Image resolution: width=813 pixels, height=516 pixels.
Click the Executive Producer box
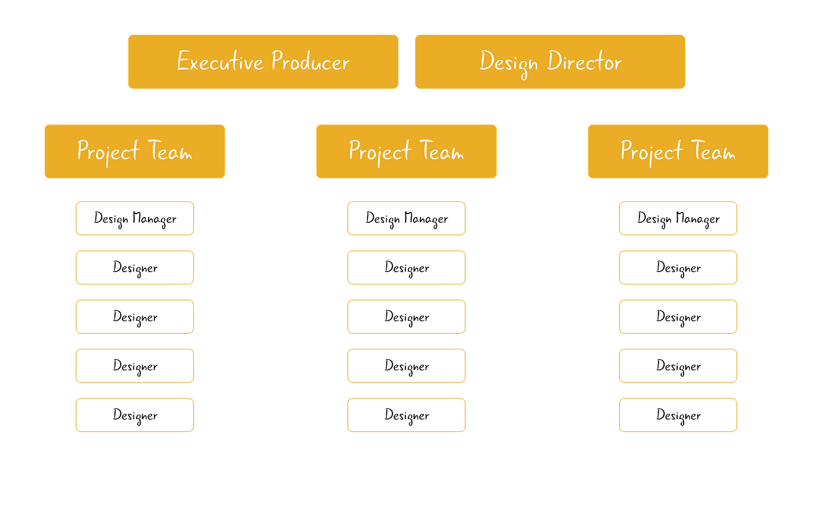pyautogui.click(x=262, y=62)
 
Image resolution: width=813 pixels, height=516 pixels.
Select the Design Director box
pyautogui.click(x=550, y=62)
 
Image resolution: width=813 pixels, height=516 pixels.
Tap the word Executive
pyautogui.click(x=220, y=62)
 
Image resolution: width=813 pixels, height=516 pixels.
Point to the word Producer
pyautogui.click(x=311, y=62)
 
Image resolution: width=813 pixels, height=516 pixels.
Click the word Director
pyautogui.click(x=585, y=62)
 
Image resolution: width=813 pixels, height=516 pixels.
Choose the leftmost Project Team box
pyautogui.click(x=134, y=151)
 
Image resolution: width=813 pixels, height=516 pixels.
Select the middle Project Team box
pyautogui.click(x=406, y=151)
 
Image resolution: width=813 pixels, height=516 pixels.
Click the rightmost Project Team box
pyautogui.click(x=678, y=151)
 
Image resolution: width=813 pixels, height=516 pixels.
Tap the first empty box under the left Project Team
pyautogui.click(x=134, y=218)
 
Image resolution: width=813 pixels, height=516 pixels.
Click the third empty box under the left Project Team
pyautogui.click(x=134, y=316)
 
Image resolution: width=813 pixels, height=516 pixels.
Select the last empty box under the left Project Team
pyautogui.click(x=134, y=416)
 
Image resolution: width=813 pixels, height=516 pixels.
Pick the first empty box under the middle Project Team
pyautogui.click(x=406, y=218)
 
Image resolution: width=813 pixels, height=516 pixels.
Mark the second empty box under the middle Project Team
pyautogui.click(x=406, y=267)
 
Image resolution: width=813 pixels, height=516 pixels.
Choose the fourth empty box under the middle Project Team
pyautogui.click(x=406, y=366)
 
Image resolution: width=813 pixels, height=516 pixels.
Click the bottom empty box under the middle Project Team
pyautogui.click(x=406, y=416)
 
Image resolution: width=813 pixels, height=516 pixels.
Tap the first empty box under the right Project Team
pyautogui.click(x=678, y=218)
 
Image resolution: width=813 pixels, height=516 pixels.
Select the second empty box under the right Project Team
pyautogui.click(x=678, y=267)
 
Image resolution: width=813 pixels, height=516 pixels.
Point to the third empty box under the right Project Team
pyautogui.click(x=678, y=316)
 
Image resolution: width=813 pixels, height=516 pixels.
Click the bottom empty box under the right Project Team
pyautogui.click(x=678, y=416)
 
